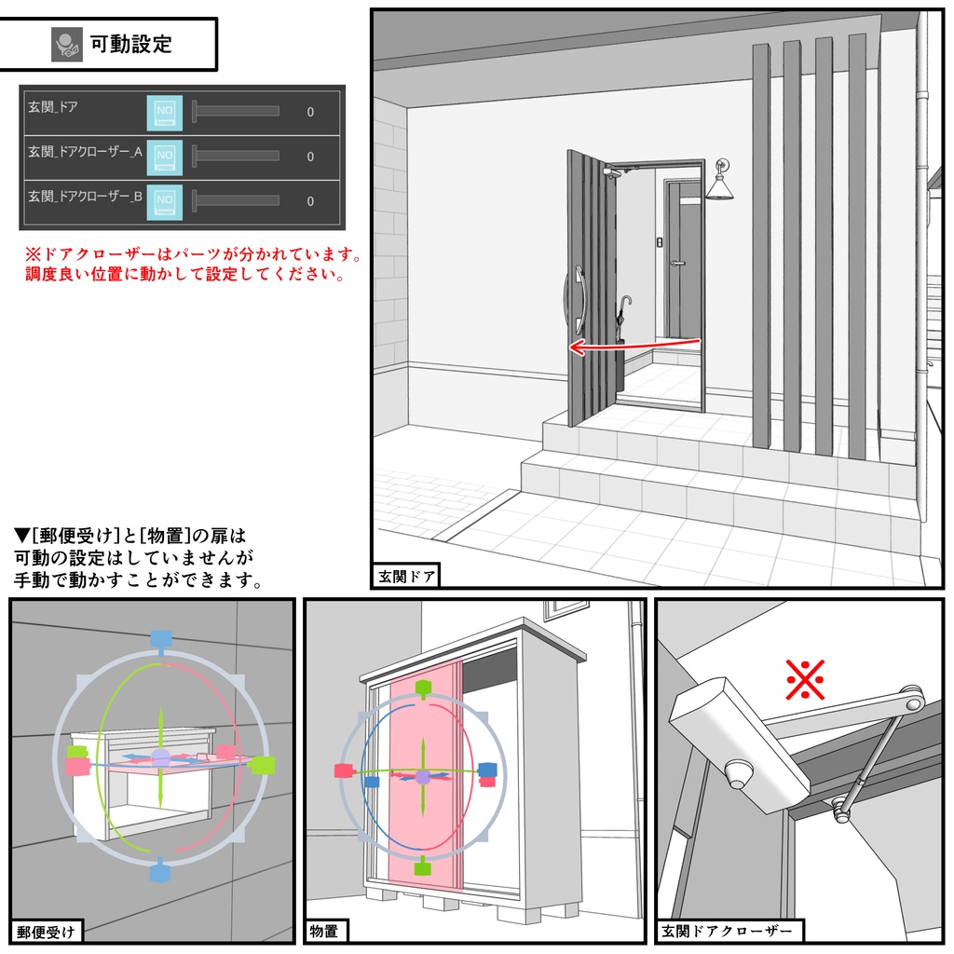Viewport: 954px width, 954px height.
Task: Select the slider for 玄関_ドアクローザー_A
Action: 236,156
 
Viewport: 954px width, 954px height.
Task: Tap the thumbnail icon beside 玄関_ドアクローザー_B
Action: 165,200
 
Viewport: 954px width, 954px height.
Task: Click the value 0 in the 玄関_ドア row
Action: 310,113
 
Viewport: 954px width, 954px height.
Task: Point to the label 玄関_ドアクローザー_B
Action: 85,197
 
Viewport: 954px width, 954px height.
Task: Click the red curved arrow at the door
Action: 634,347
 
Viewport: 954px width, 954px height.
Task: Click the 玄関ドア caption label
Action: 406,576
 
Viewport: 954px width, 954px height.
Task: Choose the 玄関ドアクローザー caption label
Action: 729,930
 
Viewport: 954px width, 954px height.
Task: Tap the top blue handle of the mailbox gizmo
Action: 161,639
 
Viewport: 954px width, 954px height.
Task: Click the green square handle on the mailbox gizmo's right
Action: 264,765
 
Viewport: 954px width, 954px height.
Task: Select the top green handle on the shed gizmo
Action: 422,689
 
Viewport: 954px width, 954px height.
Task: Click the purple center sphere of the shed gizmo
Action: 422,776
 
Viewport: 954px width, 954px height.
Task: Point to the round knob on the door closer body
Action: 739,772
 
